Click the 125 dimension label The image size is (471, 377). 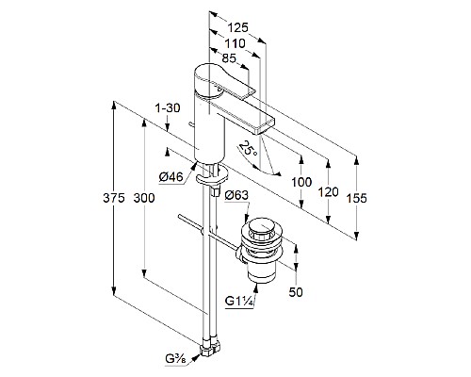[237, 28]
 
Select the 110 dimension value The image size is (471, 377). [235, 43]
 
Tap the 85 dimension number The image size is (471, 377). [229, 58]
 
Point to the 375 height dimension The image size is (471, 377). [114, 198]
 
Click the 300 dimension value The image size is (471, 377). [144, 198]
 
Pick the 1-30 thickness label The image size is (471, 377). [168, 108]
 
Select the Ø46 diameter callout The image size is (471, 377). [171, 177]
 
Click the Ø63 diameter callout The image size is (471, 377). [236, 195]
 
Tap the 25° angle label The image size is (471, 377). [249, 148]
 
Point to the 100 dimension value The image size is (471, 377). [301, 182]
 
